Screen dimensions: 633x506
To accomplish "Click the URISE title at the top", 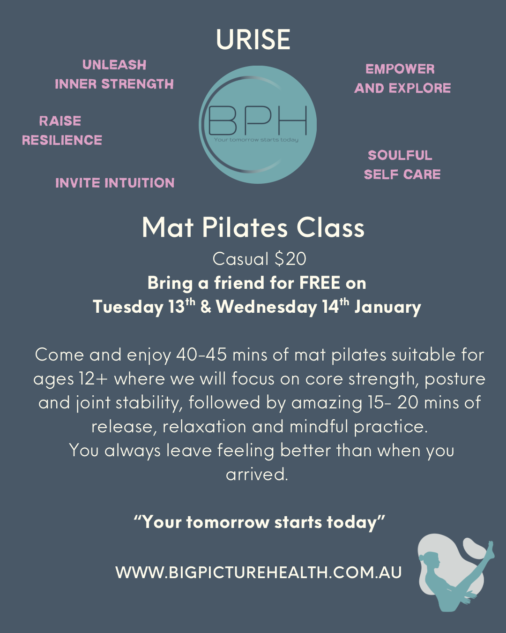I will point(253,39).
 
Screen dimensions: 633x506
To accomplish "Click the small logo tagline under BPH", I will point(256,140).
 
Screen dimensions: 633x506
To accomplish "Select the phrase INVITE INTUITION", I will point(115,183).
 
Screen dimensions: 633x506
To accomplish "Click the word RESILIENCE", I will point(62,140).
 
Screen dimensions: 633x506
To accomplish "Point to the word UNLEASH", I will point(114,65).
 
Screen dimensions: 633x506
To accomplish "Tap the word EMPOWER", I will point(400,69).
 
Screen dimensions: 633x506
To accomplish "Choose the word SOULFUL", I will point(400,155).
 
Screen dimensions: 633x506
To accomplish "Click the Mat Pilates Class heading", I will point(253,228).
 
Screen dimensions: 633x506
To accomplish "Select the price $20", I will point(290,259).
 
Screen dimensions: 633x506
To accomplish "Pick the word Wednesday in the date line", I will point(267,307).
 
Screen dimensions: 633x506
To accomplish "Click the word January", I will point(388,307).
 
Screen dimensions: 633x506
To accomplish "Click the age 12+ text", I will point(94,379).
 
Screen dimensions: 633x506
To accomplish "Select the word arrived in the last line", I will point(256,475).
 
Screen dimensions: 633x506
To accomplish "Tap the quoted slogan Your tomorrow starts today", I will point(259,522).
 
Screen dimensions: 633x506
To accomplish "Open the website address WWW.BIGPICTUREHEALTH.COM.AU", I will point(259,573).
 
